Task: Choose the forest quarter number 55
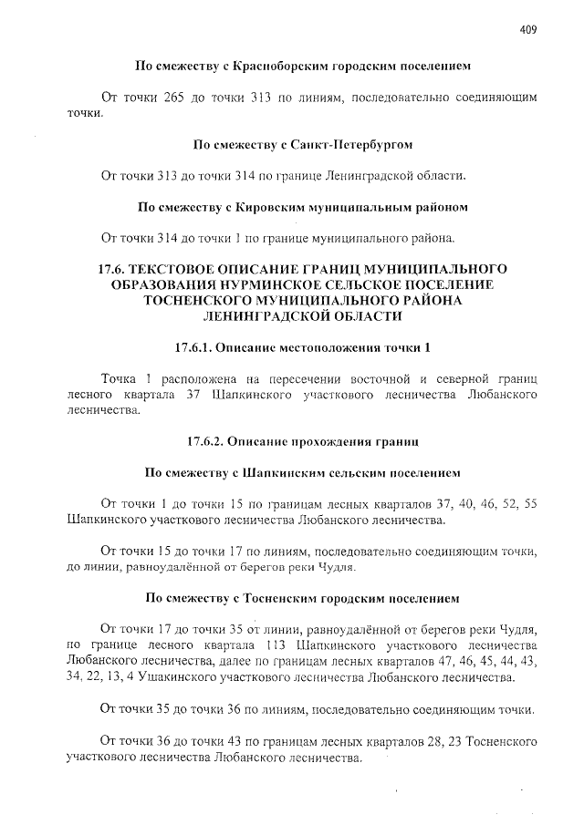(x=535, y=503)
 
